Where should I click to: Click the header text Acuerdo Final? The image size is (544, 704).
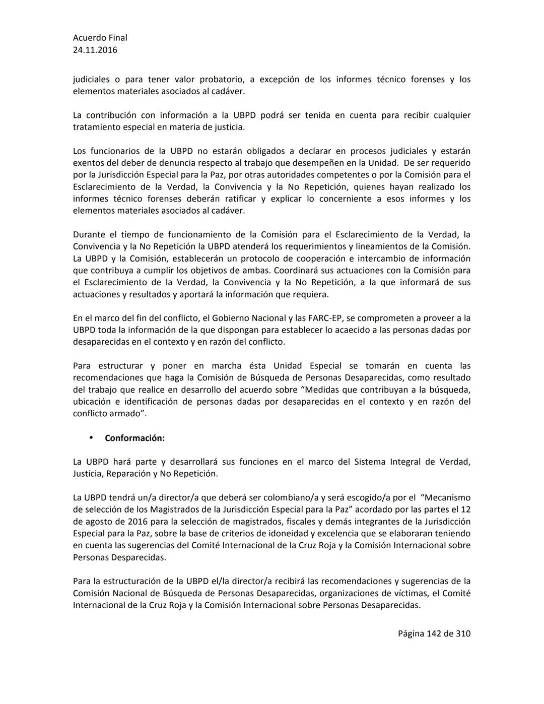pos(100,38)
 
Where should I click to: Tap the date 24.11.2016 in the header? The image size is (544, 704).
pos(95,50)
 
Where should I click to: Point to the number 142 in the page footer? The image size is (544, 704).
pos(434,633)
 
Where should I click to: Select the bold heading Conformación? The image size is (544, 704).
pos(134,438)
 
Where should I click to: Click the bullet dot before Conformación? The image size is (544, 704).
pos(91,438)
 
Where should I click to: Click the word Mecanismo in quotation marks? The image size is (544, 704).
pos(447,497)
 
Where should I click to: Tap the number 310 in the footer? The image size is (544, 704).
pos(463,633)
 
